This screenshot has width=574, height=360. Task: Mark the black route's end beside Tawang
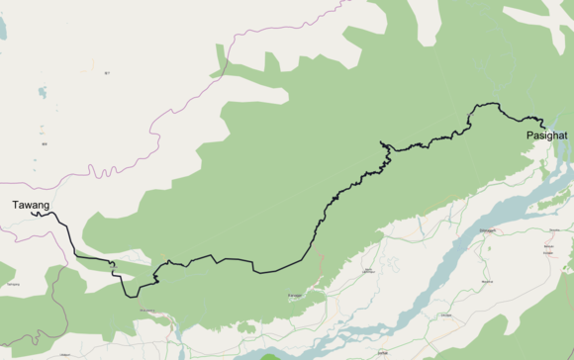(x=32, y=212)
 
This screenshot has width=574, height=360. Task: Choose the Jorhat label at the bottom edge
(x=382, y=352)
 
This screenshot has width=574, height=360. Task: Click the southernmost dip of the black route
(x=135, y=296)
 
